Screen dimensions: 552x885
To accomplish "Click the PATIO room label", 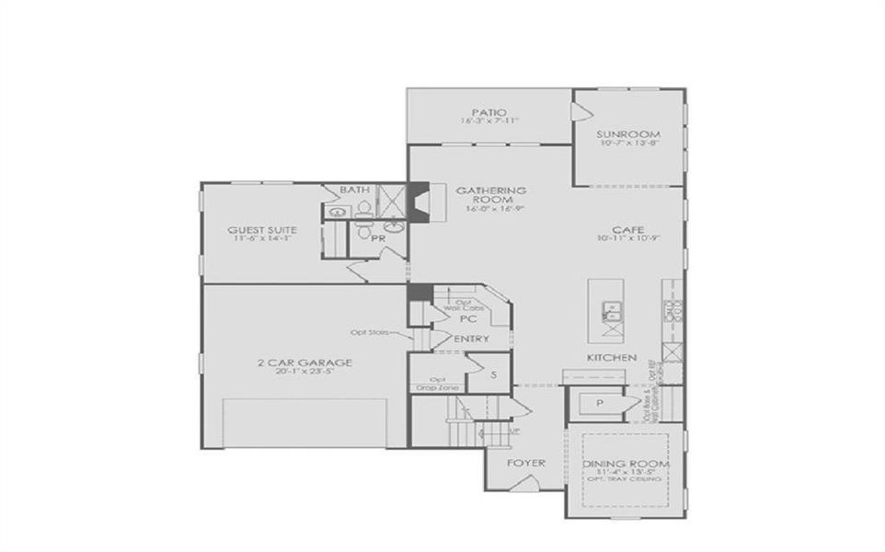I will tap(490, 111).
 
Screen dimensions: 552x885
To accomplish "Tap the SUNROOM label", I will tap(629, 134).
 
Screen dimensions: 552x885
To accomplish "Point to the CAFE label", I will tap(629, 229).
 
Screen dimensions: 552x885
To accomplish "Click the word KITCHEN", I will tap(613, 357).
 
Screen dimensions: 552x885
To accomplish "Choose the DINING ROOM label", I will tap(626, 464).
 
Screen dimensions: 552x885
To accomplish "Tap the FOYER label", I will tap(526, 463).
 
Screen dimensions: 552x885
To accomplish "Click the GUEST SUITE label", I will tap(262, 229).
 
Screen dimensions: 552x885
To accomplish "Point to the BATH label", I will tap(354, 190).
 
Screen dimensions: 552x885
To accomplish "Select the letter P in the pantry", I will tap(600, 403).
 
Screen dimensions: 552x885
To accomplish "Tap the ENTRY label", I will tap(472, 339).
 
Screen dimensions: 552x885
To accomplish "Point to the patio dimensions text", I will tap(490, 121).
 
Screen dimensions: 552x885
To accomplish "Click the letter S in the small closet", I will tap(493, 374).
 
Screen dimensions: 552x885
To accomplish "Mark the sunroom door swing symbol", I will tap(580, 111).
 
